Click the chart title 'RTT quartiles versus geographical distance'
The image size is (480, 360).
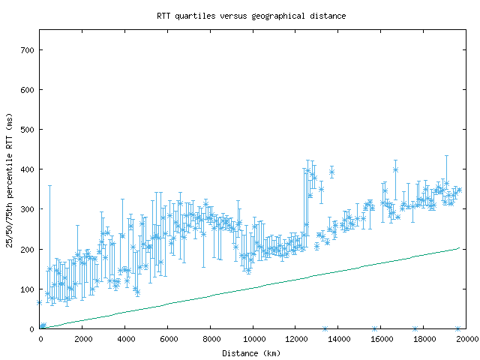251,15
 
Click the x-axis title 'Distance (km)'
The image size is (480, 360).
251,352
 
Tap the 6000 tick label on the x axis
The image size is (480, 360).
168,339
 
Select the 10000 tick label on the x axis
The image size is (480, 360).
253,339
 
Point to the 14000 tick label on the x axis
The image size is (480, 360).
339,339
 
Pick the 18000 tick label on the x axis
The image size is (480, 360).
424,339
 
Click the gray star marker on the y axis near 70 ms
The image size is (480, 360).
40,302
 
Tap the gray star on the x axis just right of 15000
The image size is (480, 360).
374,328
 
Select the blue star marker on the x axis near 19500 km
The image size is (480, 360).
457,328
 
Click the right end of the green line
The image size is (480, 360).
459,247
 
